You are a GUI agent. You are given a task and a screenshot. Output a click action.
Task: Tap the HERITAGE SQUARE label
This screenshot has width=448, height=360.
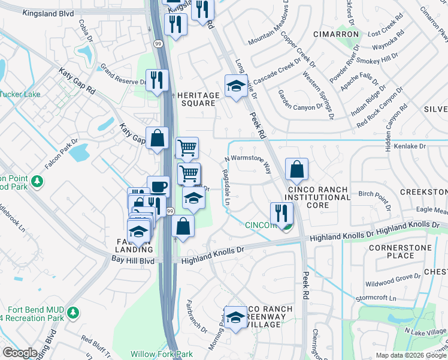(x=196, y=99)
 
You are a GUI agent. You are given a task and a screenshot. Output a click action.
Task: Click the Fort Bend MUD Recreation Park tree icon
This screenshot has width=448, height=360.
(x=73, y=312)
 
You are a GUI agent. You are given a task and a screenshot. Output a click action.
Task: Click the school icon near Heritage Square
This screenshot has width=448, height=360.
(x=236, y=86)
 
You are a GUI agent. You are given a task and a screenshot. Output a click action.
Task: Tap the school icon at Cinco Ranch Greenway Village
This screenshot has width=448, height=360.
(x=235, y=318)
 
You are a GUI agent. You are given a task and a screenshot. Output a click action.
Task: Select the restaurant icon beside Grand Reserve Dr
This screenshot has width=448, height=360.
(x=157, y=80)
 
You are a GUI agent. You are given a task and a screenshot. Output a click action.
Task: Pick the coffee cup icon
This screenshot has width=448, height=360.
(x=158, y=186)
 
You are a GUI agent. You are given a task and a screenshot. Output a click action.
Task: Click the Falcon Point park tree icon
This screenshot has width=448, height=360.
(x=37, y=180)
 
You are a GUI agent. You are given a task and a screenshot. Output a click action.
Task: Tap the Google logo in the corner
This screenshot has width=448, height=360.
(x=20, y=353)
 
